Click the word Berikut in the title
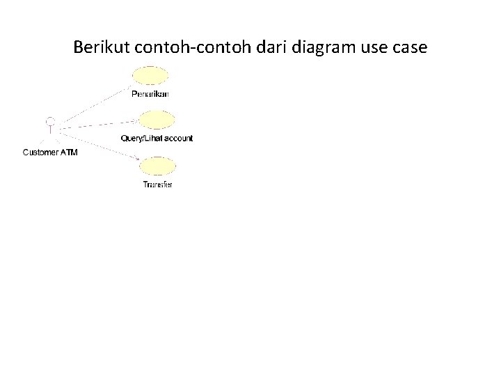(x=97, y=48)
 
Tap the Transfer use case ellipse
(x=158, y=167)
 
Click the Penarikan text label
(x=150, y=93)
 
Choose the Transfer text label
(x=158, y=185)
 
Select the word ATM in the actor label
(x=69, y=152)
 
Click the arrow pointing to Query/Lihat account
(x=97, y=124)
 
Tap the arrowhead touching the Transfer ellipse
(x=138, y=162)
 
